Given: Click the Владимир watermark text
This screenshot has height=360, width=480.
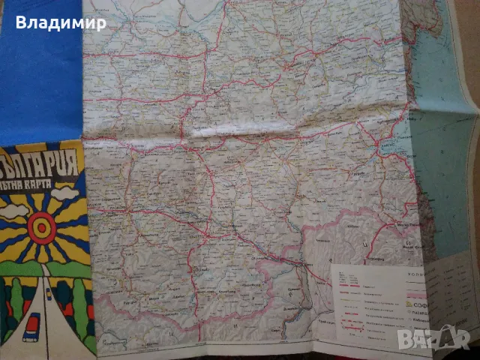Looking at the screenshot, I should (61, 22).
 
